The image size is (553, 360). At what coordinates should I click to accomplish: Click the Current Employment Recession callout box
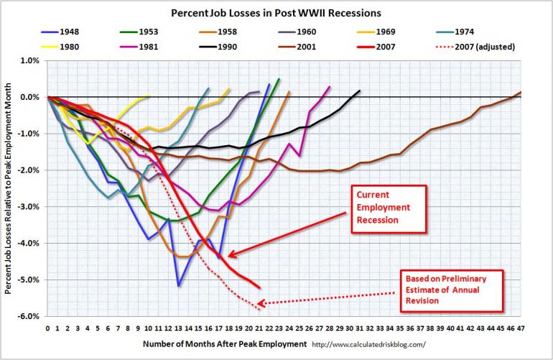(389, 208)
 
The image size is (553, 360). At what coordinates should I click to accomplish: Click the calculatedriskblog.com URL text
(374, 344)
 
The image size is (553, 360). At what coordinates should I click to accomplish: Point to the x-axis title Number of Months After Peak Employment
(225, 344)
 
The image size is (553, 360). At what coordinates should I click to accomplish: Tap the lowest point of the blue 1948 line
(178, 286)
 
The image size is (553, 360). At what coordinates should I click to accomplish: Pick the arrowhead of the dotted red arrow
(259, 304)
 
